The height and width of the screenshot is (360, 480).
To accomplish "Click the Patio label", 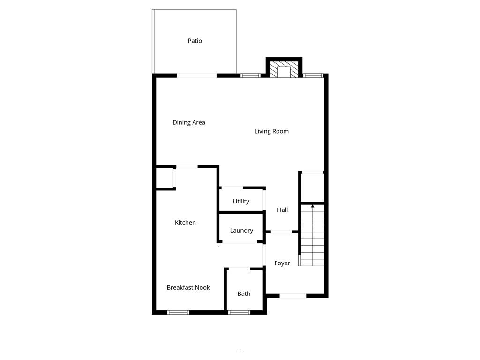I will [x=195, y=41].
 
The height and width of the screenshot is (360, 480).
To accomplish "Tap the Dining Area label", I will [x=189, y=122].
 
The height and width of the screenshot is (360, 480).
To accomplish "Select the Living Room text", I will [x=271, y=131].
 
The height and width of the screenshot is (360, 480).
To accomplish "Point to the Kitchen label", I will [x=185, y=222].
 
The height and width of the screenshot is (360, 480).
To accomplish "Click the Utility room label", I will [x=241, y=201].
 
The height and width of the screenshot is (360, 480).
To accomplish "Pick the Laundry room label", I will [x=241, y=230].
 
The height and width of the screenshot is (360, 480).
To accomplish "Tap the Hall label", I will [x=282, y=210].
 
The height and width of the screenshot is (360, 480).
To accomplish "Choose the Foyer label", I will [x=282, y=263].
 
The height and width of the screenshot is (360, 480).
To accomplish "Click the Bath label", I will [x=244, y=293].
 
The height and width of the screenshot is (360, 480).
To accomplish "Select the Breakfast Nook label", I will [x=188, y=287].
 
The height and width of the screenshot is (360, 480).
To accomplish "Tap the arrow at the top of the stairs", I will [x=313, y=206].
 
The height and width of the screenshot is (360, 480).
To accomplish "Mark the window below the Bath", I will [x=239, y=312].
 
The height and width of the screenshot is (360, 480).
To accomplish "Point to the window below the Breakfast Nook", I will [x=179, y=312].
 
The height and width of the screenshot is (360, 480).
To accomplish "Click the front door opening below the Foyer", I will [x=293, y=296].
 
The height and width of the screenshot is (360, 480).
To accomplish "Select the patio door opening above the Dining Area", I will [x=196, y=75].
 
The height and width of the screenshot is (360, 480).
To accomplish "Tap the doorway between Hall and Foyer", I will [x=282, y=232].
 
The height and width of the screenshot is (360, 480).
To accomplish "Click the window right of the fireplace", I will [x=313, y=75].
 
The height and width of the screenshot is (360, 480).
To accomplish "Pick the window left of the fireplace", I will [x=251, y=75].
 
